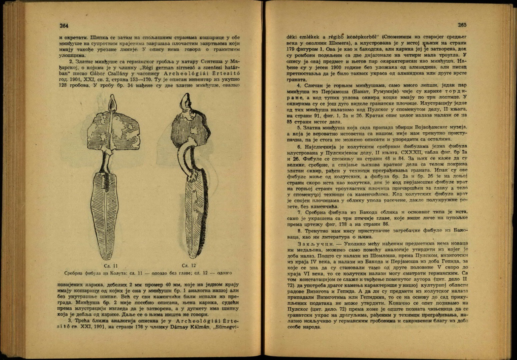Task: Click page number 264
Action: [64, 26]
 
